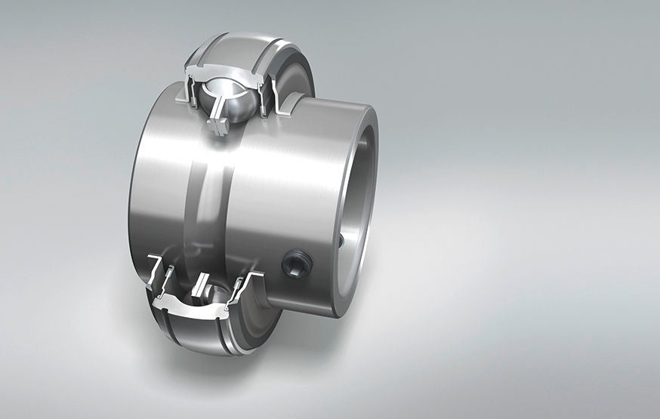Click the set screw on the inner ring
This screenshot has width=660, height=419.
click(295, 263)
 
